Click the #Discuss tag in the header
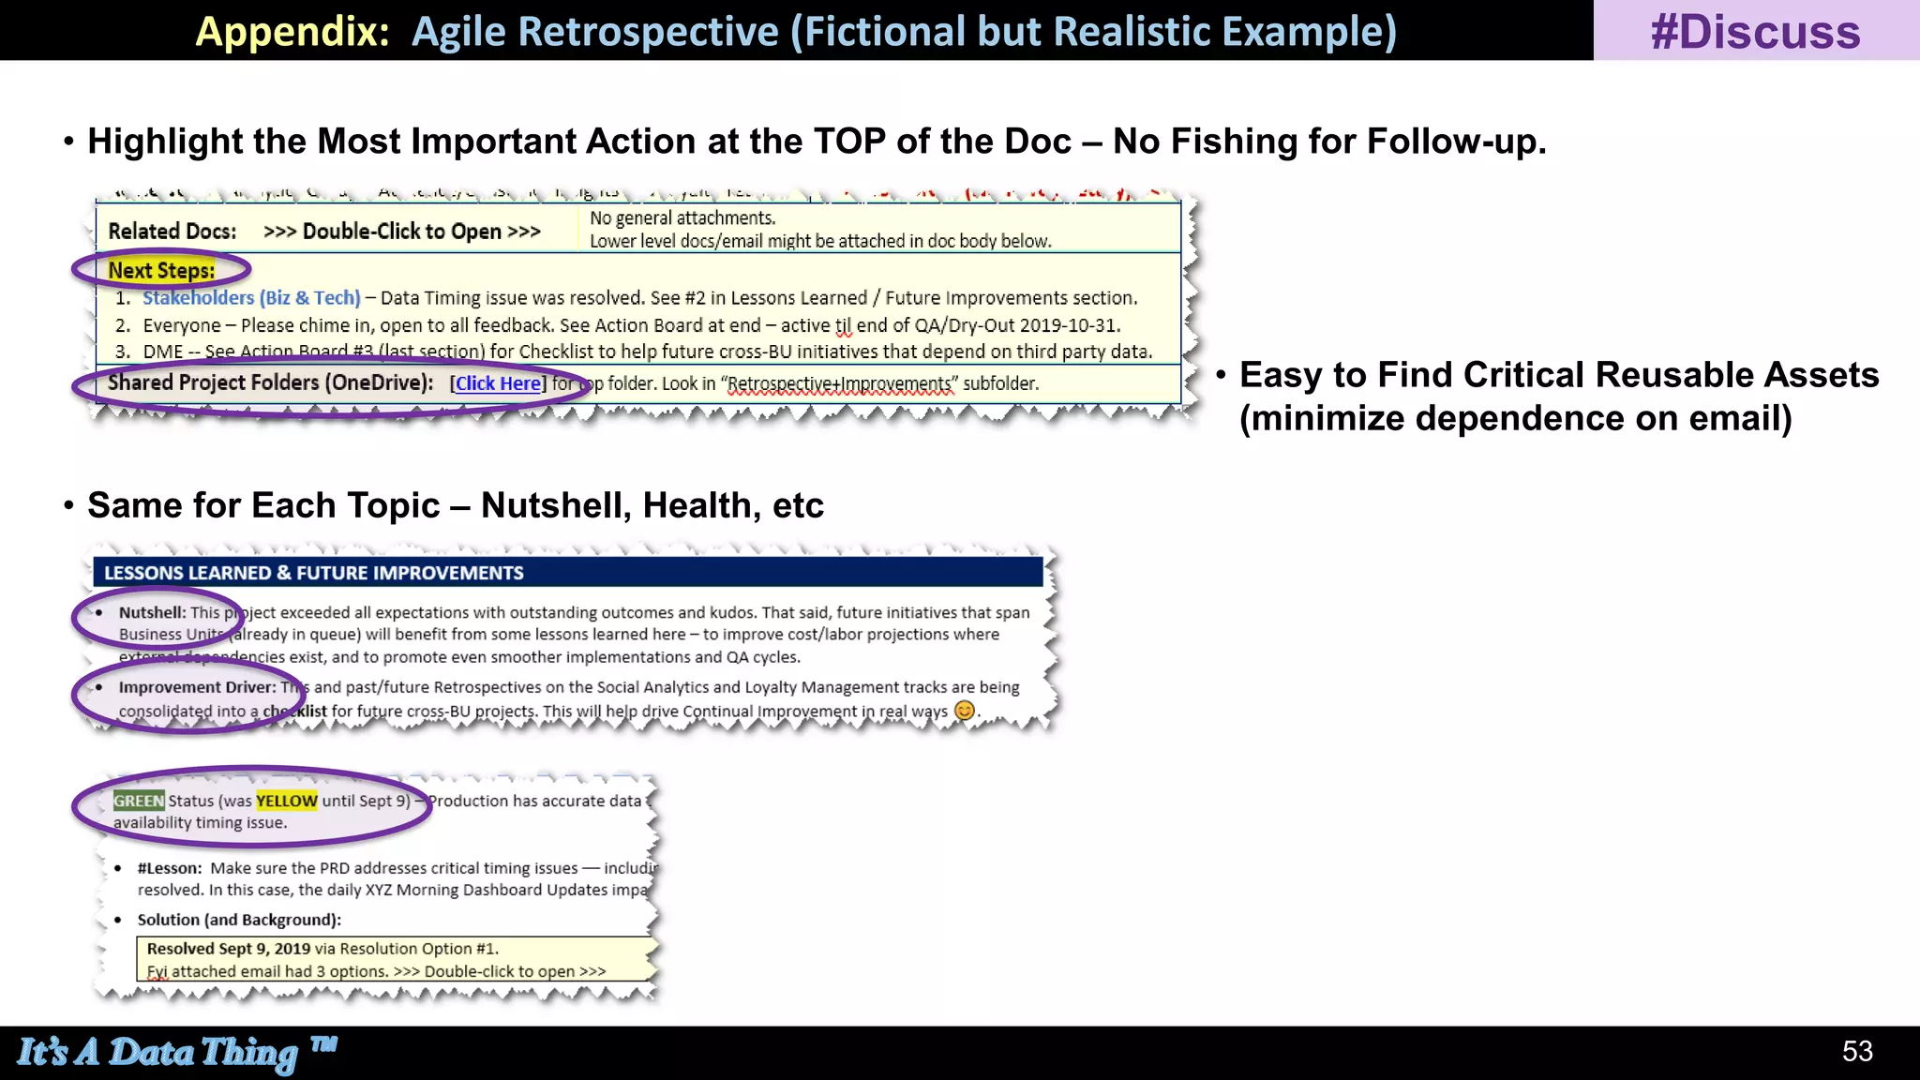[x=1755, y=32]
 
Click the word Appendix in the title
[x=292, y=32]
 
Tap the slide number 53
[x=1857, y=1051]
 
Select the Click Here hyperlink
[x=498, y=383]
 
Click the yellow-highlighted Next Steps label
[x=161, y=271]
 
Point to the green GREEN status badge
[x=139, y=801]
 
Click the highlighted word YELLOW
[x=287, y=801]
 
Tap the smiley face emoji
[x=964, y=711]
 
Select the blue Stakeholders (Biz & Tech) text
[x=251, y=298]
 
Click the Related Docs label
[x=172, y=232]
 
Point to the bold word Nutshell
[x=152, y=612]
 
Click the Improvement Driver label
[x=197, y=687]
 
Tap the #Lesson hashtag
[x=170, y=868]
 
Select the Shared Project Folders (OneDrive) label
[x=270, y=382]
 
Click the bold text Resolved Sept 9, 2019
[x=229, y=949]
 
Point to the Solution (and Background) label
[x=239, y=920]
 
